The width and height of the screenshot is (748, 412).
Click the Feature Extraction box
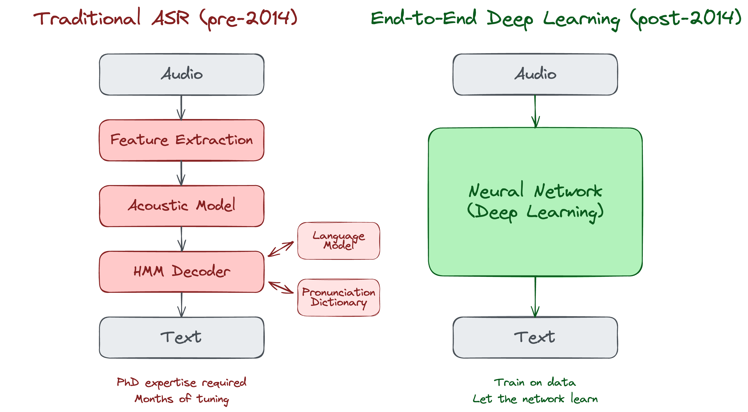pos(181,140)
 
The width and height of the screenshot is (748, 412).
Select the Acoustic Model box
pos(181,206)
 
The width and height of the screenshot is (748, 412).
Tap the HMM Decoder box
pos(181,272)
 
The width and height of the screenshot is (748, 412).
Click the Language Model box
pos(338,241)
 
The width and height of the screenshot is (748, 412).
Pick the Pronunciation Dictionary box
pos(338,297)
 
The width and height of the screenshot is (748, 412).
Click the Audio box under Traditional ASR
pos(181,74)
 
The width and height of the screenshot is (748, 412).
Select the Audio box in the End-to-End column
pos(535,74)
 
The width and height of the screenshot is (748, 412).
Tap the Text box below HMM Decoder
pos(181,337)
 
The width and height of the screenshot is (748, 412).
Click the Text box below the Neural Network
pos(535,337)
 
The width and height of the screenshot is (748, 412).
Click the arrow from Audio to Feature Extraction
pos(181,107)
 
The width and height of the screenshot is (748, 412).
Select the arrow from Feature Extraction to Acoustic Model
pos(181,173)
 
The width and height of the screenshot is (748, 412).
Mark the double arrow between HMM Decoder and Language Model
pos(281,249)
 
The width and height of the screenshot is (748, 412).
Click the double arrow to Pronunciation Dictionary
pos(281,287)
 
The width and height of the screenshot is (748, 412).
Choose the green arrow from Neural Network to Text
pos(535,297)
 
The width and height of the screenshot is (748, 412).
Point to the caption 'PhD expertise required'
pos(181,382)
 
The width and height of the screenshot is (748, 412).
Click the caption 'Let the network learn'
pos(535,399)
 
